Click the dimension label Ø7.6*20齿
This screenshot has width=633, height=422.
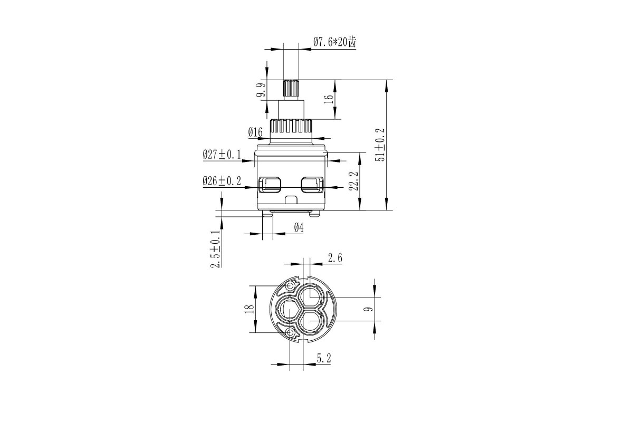334,42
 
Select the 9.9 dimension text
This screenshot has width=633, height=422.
261,90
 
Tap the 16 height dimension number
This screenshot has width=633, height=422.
329,99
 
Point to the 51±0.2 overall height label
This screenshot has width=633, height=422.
380,145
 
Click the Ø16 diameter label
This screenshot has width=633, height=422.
255,132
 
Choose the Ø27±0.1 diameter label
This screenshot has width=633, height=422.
222,155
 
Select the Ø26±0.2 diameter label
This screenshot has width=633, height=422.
222,181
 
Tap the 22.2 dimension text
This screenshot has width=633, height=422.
353,181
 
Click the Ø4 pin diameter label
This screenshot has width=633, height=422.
299,227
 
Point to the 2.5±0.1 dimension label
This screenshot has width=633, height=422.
215,249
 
